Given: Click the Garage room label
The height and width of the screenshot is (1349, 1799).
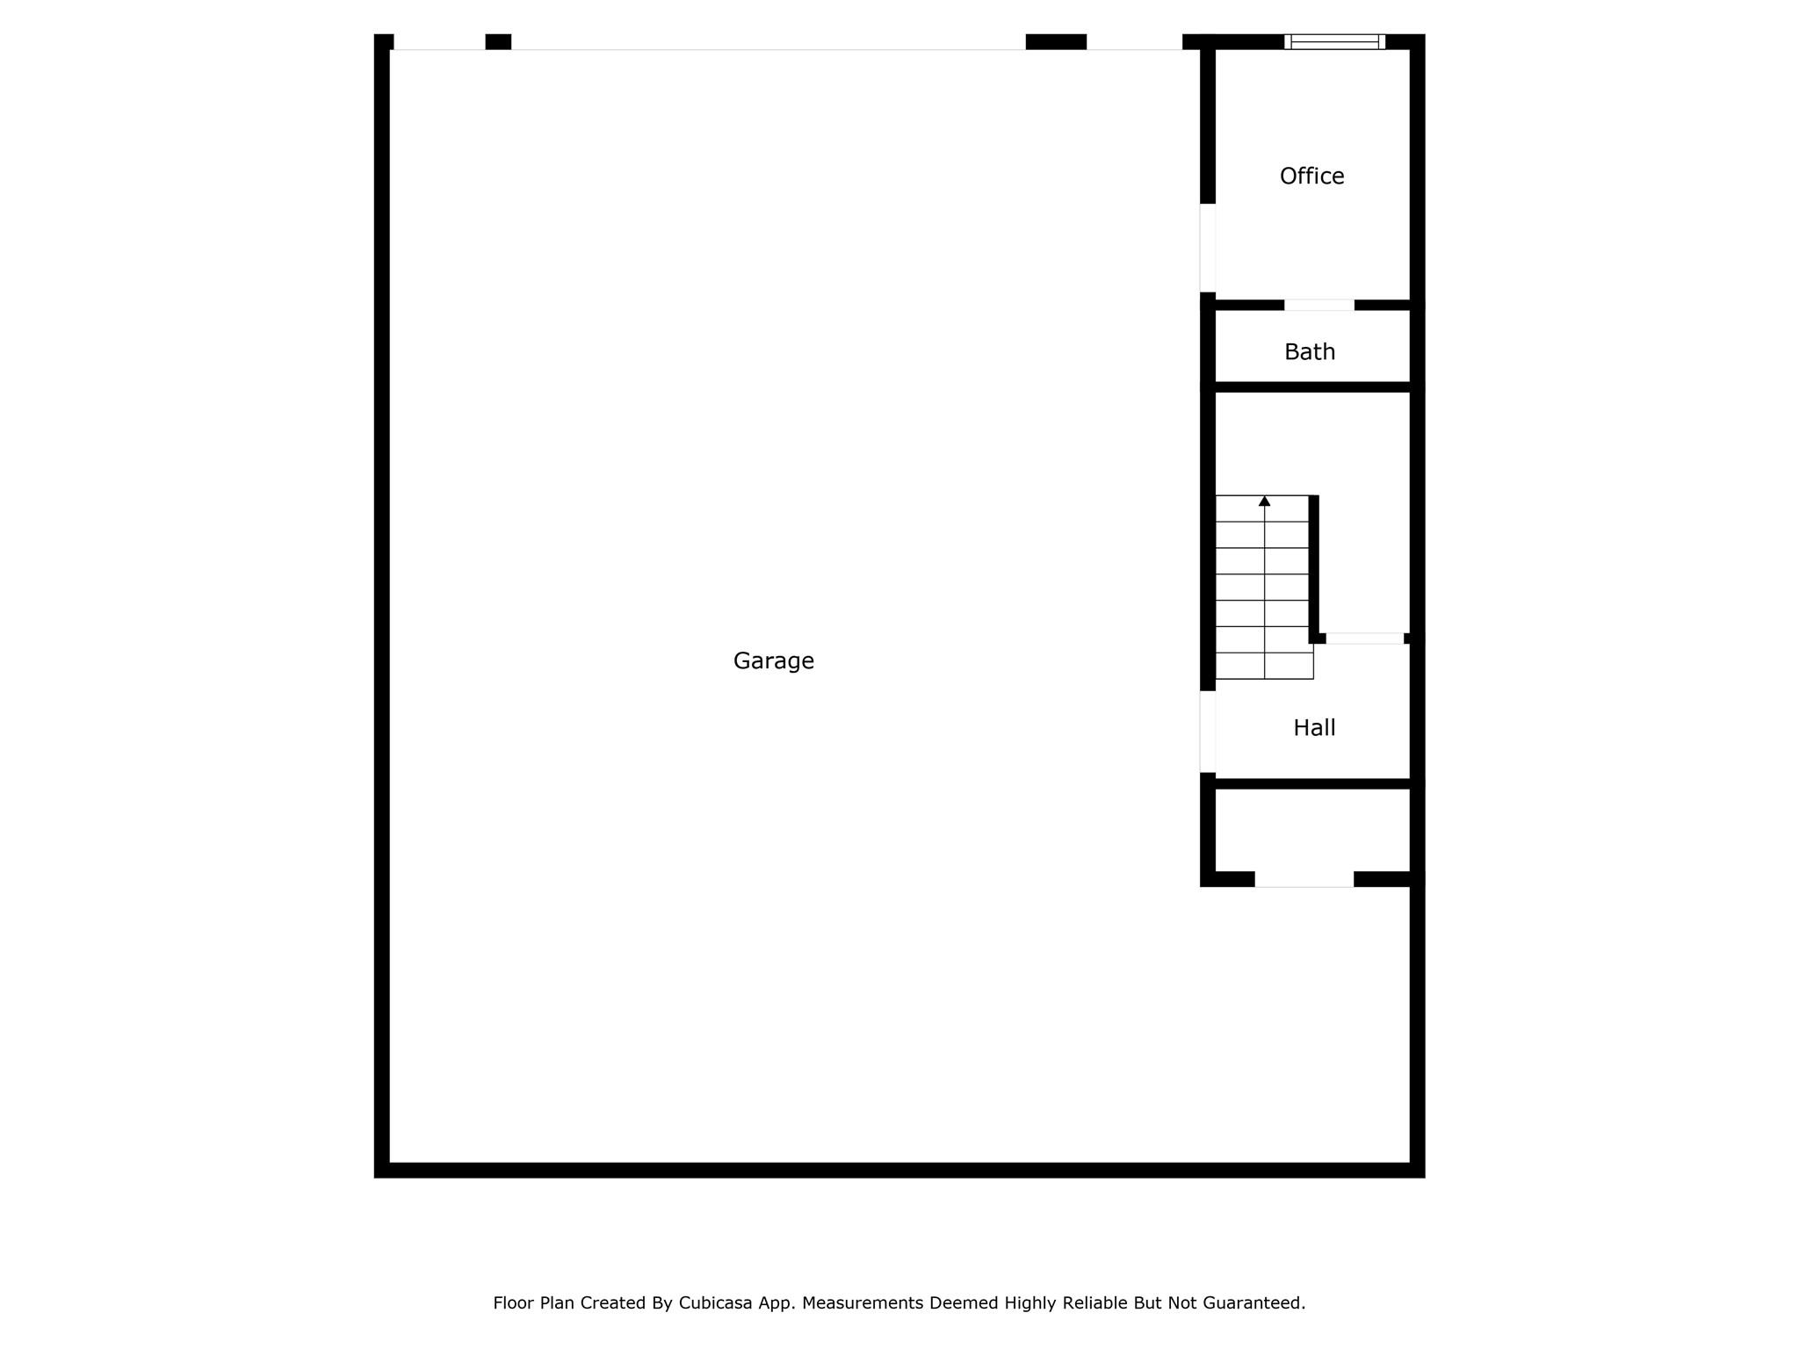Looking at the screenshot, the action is (x=773, y=661).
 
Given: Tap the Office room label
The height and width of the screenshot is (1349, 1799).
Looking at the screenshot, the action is (x=1311, y=177).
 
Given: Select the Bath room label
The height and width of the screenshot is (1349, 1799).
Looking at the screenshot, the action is (x=1310, y=352).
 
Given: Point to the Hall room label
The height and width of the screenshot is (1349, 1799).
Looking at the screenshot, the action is (x=1314, y=728).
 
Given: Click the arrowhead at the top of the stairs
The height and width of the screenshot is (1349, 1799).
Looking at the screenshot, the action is (x=1264, y=501).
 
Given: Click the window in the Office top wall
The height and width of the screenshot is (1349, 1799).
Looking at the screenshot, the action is (x=1334, y=41).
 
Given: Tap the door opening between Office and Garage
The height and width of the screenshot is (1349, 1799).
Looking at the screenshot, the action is (x=1208, y=248).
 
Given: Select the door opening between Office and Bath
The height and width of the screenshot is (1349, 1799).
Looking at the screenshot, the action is (x=1319, y=305).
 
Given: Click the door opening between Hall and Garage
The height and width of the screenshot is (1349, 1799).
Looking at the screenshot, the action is (x=1208, y=732).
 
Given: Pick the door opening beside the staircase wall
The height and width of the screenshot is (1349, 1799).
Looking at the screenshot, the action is (x=1364, y=638).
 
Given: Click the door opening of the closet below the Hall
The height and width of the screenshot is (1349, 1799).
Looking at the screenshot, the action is (x=1304, y=879).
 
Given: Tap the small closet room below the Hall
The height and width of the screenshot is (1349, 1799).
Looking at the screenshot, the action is (x=1312, y=830).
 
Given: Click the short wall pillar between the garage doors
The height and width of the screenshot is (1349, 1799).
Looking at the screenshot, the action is (x=498, y=41).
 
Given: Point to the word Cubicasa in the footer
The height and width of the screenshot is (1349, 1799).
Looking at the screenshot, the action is (x=715, y=1303).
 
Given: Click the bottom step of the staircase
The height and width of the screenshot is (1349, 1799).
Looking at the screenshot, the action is (x=1264, y=666).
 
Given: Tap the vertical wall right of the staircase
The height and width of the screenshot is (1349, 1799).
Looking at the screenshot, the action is (x=1314, y=568).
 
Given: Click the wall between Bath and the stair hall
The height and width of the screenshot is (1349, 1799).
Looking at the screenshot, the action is (x=1312, y=387).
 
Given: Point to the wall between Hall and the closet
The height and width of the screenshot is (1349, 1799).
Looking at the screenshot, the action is (x=1312, y=783).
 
